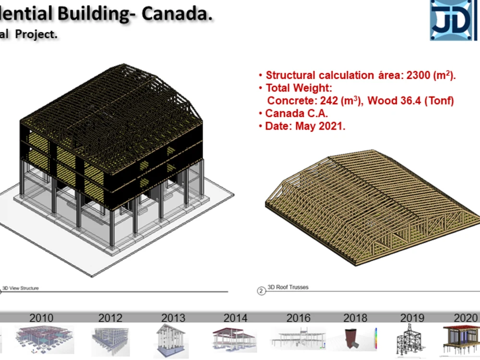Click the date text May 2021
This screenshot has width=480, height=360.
(320, 127)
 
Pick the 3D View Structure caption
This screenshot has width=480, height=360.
(21, 288)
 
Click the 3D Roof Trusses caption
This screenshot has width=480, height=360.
(288, 287)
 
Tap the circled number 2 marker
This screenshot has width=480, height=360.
(261, 291)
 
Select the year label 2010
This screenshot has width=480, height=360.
(41, 318)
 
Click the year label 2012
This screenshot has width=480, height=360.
(110, 318)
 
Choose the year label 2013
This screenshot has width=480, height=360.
(173, 318)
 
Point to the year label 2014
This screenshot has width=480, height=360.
(236, 318)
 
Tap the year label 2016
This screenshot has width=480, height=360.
(298, 318)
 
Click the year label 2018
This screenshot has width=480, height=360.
(355, 318)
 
